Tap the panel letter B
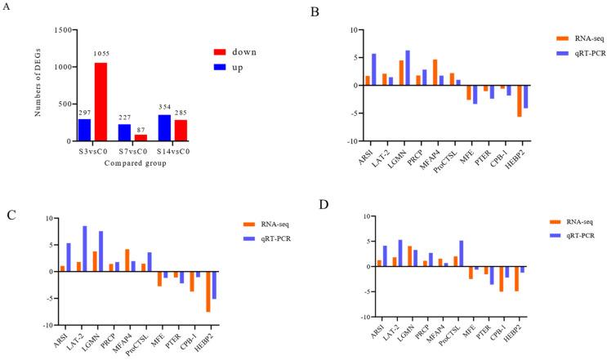315,11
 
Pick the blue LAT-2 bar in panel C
84,249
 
